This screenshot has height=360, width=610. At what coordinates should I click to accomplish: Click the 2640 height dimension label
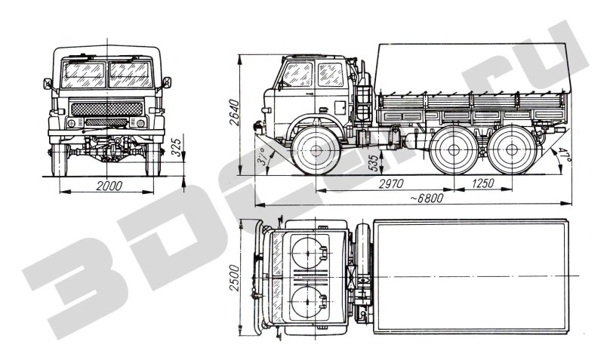click(x=234, y=112)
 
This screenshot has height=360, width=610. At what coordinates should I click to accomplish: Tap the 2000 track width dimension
click(x=109, y=186)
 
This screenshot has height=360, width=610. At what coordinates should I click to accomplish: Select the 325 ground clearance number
click(x=177, y=147)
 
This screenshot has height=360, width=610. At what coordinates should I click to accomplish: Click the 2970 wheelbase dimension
click(x=390, y=183)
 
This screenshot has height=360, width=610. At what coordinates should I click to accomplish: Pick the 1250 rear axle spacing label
click(x=482, y=183)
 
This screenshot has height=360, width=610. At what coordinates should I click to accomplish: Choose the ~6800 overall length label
click(x=427, y=198)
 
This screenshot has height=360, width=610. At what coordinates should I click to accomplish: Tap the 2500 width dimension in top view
click(x=234, y=278)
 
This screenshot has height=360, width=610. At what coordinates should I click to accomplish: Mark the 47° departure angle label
click(x=565, y=155)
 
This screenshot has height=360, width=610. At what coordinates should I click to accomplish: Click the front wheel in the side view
click(x=316, y=150)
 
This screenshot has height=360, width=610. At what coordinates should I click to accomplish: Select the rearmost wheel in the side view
click(x=512, y=149)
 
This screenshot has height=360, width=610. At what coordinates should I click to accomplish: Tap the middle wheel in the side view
click(x=454, y=149)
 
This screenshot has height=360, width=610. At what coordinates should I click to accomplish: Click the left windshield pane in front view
click(x=83, y=75)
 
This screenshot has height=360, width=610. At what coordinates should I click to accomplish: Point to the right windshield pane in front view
click(x=131, y=75)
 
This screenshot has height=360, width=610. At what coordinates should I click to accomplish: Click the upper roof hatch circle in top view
click(x=307, y=253)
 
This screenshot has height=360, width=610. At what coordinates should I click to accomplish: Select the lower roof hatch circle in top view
click(x=307, y=302)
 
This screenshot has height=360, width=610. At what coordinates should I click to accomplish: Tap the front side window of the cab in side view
click(x=297, y=74)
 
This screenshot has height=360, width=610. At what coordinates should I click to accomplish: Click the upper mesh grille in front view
click(x=106, y=109)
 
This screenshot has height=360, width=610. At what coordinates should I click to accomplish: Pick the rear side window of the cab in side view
click(x=331, y=74)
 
